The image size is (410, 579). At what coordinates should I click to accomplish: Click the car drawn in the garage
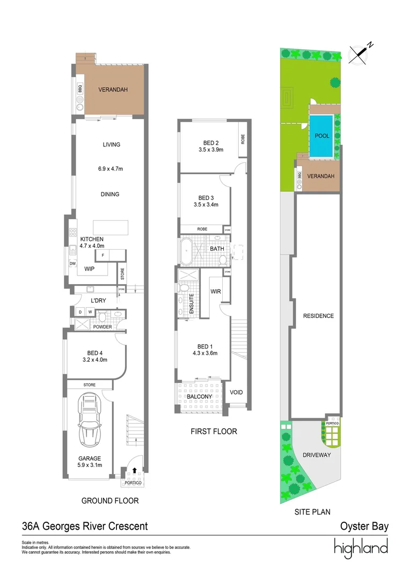pyautogui.click(x=90, y=421)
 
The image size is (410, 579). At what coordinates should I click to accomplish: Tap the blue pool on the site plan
pyautogui.click(x=322, y=137)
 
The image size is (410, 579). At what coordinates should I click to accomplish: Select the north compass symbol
pyautogui.click(x=360, y=54)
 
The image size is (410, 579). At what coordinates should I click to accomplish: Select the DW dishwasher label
pyautogui.click(x=72, y=263)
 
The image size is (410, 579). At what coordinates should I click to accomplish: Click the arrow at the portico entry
pyautogui.click(x=134, y=470)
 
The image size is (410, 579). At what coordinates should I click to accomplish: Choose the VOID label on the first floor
pyautogui.click(x=236, y=392)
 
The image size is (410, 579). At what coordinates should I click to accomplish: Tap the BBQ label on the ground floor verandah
pyautogui.click(x=79, y=89)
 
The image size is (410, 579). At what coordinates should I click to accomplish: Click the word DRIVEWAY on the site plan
pyautogui.click(x=316, y=455)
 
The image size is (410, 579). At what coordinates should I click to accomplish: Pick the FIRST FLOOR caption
pyautogui.click(x=214, y=431)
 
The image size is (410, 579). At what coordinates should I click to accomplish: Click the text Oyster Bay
pyautogui.click(x=364, y=526)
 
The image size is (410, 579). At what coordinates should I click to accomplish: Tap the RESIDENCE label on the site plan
pyautogui.click(x=318, y=316)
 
